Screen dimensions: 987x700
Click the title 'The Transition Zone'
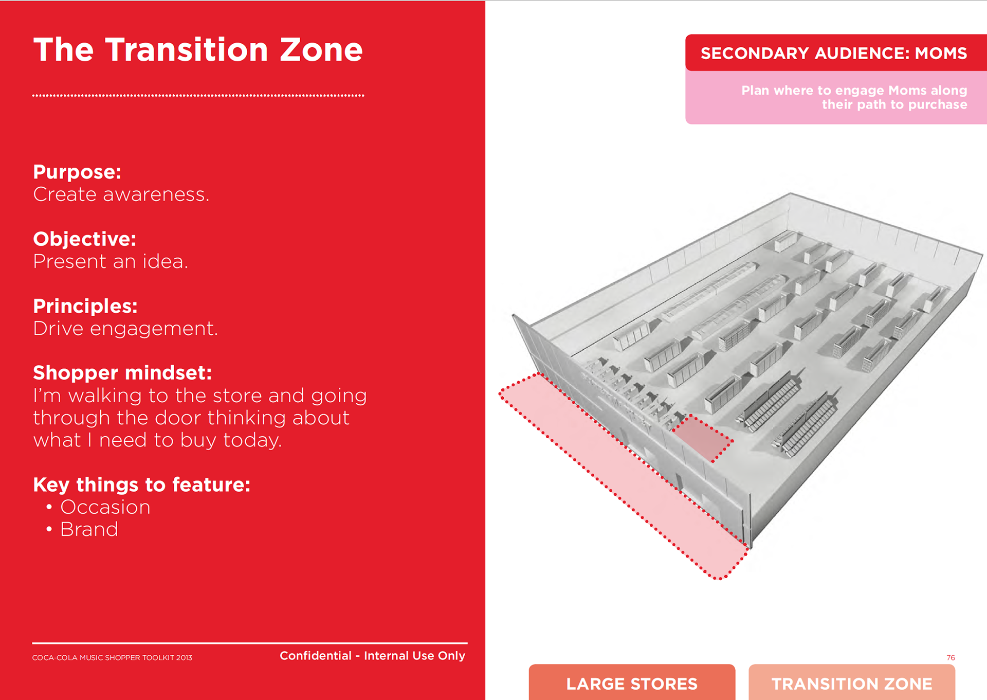(198, 50)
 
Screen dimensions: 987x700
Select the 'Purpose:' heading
(77, 172)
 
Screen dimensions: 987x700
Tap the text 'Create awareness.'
(121, 194)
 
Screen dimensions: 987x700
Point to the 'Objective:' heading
(85, 239)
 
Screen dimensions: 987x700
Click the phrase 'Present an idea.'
(111, 261)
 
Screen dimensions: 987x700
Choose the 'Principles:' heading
(85, 306)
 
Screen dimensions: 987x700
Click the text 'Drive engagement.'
(125, 329)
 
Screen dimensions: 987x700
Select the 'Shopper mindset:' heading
(122, 373)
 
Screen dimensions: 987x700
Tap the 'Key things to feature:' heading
(142, 485)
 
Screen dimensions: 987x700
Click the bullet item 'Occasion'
(105, 507)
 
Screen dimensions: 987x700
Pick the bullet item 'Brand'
(89, 529)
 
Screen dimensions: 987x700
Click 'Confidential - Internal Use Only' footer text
(372, 656)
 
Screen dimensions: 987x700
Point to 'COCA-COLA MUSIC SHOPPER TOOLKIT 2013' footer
(112, 658)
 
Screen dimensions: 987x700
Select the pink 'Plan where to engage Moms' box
(836, 97)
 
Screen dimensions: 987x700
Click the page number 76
(951, 658)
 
